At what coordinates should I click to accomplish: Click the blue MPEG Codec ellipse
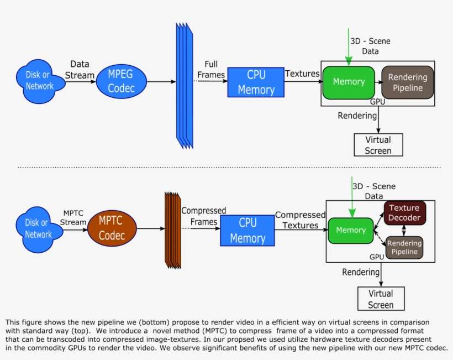tap(121, 81)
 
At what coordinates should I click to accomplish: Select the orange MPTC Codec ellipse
tap(112, 228)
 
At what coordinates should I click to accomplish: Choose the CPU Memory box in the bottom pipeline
tap(247, 231)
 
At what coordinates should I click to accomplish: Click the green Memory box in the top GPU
tap(349, 82)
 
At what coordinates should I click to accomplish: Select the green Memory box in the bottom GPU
tap(351, 230)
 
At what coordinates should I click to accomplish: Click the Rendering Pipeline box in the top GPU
tap(408, 82)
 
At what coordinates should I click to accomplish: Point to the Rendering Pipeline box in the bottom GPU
tap(404, 247)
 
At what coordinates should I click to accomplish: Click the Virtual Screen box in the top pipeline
tap(378, 145)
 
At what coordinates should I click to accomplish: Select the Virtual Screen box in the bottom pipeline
tap(381, 299)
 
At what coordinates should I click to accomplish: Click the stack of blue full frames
tap(185, 86)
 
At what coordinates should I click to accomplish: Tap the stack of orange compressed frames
tap(173, 229)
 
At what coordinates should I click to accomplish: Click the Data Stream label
tap(80, 70)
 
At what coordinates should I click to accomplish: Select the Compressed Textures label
tap(301, 220)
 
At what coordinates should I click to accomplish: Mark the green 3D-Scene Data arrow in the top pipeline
tap(347, 47)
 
